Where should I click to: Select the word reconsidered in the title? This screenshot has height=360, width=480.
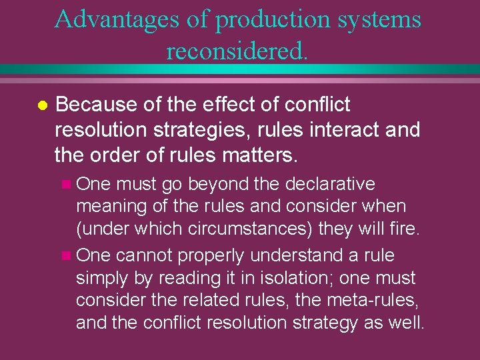[237, 50]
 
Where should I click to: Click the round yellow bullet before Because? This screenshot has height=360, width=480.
[41, 106]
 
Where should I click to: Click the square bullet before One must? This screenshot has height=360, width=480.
[64, 185]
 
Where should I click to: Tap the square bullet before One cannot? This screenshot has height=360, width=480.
[64, 256]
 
